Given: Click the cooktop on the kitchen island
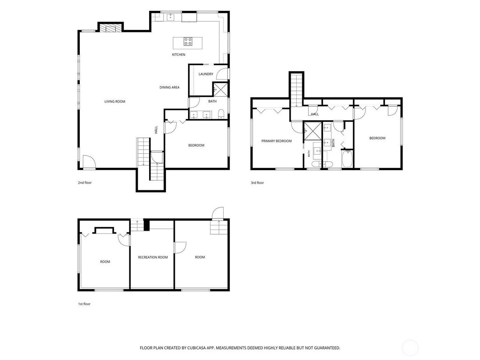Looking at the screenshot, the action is coord(188,41).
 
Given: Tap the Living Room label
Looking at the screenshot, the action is coord(115,102).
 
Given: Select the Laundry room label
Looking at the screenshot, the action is coord(206,74).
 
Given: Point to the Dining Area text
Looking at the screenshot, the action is coord(169,87).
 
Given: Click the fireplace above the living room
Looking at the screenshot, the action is coord(110,28).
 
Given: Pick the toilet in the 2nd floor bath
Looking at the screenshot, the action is coord(221,115).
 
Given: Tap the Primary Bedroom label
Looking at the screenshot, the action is coord(277,141).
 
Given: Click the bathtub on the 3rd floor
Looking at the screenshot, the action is coord(347,158).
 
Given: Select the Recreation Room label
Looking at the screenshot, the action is coord(153,257).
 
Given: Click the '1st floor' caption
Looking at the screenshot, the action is coord(84,304).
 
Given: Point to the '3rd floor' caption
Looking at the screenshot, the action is coord(257,183).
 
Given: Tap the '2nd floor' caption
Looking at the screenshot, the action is coord(84,183).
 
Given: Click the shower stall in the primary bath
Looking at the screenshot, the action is coord(312,131).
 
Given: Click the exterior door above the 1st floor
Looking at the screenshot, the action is coord(217,213).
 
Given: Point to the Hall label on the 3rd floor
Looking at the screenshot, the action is coord(315,114).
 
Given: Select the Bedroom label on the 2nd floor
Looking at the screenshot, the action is coord(196,145).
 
